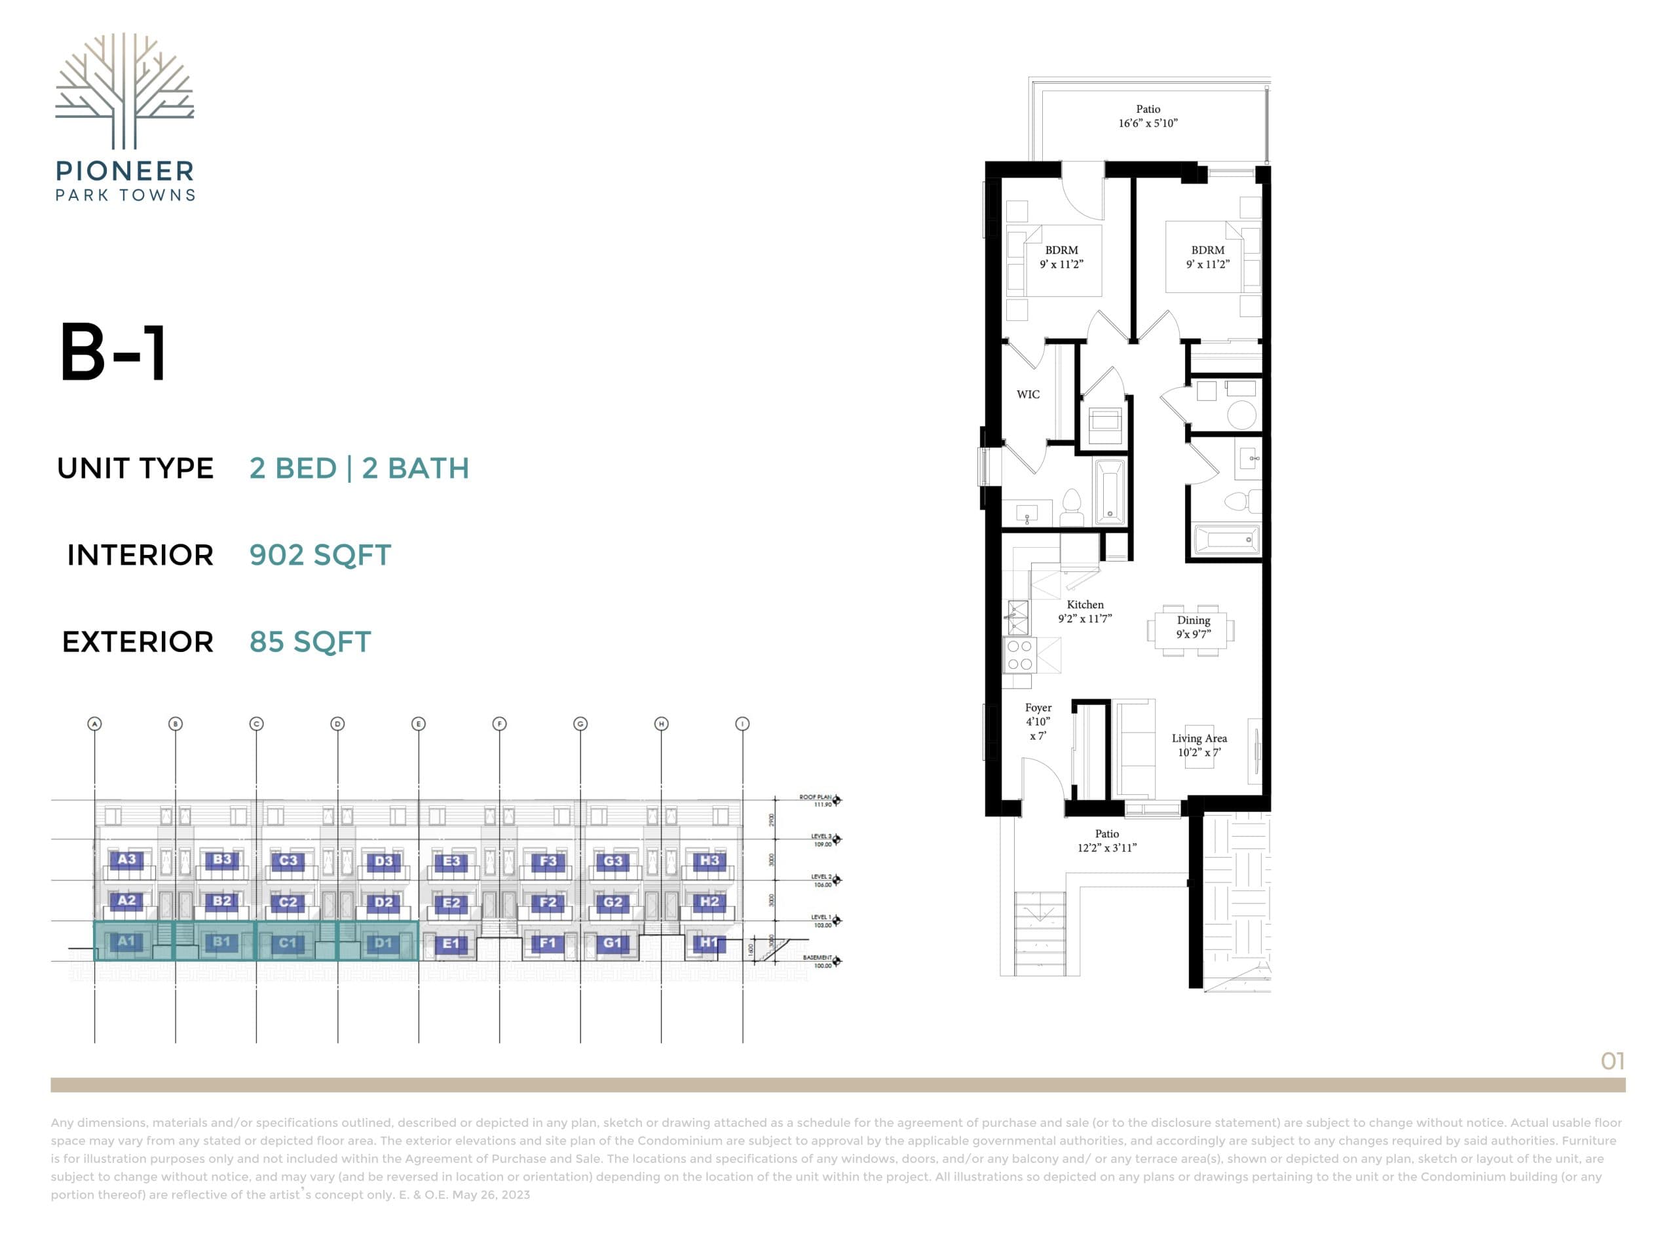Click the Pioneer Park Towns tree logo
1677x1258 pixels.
point(124,91)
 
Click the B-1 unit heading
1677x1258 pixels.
point(114,353)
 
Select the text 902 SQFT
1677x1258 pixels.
point(320,555)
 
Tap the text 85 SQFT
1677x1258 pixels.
point(310,642)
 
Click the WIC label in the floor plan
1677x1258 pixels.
point(1027,394)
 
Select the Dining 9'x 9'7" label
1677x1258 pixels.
point(1194,627)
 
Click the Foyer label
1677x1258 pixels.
point(1038,721)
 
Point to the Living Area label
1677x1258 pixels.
point(1199,744)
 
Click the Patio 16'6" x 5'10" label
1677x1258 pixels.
point(1148,116)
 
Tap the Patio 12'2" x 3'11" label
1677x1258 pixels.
point(1107,840)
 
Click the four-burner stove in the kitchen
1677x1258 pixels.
point(1020,655)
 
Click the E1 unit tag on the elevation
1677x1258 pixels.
point(451,944)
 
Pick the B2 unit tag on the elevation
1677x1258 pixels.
point(222,901)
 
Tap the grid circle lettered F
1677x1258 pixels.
point(499,723)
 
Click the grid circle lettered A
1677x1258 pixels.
point(95,723)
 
